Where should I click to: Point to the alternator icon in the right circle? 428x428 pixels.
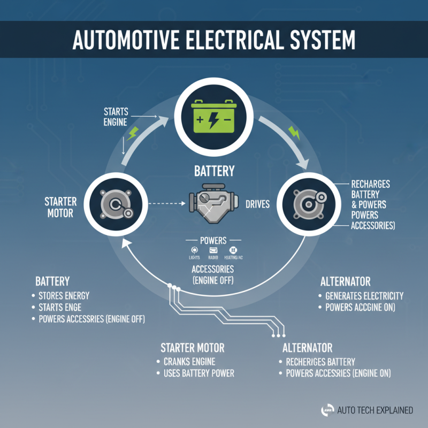(x=311, y=203)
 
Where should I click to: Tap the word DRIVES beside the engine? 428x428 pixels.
(x=256, y=204)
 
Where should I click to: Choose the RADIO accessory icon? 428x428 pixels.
(x=213, y=250)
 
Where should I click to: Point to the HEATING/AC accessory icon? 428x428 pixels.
(x=233, y=250)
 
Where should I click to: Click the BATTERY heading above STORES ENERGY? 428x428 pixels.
(x=52, y=281)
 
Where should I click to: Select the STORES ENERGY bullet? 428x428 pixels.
(x=64, y=295)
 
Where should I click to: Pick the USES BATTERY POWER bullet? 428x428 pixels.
(x=198, y=373)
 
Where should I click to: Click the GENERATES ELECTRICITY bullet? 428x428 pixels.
(x=364, y=295)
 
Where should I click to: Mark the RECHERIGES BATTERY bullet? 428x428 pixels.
(x=320, y=361)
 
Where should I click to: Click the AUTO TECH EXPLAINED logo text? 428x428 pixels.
(x=375, y=410)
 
